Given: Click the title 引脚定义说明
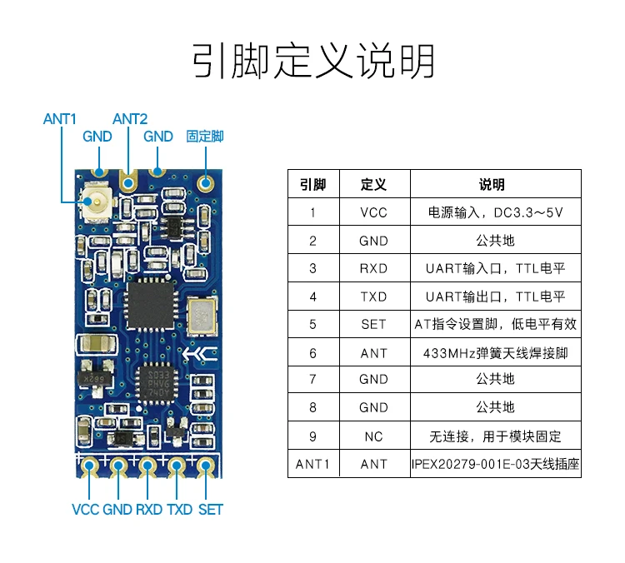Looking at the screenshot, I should click(x=312, y=62).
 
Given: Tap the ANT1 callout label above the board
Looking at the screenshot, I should click(x=60, y=119).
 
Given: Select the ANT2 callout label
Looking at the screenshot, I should click(x=130, y=119).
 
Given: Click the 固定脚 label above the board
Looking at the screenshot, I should click(x=205, y=137).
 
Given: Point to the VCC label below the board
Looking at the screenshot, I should click(x=85, y=509).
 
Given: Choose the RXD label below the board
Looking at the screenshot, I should click(x=149, y=509).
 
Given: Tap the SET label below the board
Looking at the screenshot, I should click(x=211, y=509).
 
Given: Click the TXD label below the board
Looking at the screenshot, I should click(x=179, y=509).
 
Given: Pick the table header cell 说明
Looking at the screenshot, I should click(x=492, y=184).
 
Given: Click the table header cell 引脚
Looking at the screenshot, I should click(x=312, y=184).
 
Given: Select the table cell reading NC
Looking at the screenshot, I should click(x=373, y=436).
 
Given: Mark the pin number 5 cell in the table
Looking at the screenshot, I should click(x=312, y=325).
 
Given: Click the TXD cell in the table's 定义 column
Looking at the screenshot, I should click(x=373, y=296).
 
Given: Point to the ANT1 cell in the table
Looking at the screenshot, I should click(x=312, y=464).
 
